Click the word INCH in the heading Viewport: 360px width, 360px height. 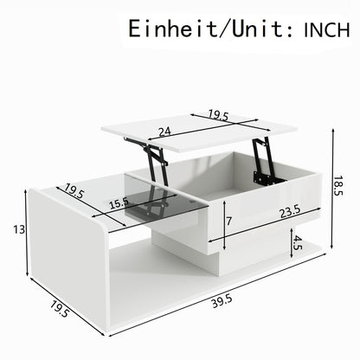coord(327,30)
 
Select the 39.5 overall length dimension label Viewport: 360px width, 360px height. coord(222,302)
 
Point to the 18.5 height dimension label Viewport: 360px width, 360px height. coord(339,186)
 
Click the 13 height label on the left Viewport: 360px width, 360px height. coord(19,230)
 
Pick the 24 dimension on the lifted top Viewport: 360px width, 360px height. coord(165,132)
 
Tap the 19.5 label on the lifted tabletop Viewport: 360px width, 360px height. coord(218,115)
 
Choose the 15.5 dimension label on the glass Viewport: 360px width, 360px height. coord(119,204)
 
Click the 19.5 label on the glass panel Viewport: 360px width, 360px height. coord(74,191)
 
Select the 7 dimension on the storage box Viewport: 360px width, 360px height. coord(228,222)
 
